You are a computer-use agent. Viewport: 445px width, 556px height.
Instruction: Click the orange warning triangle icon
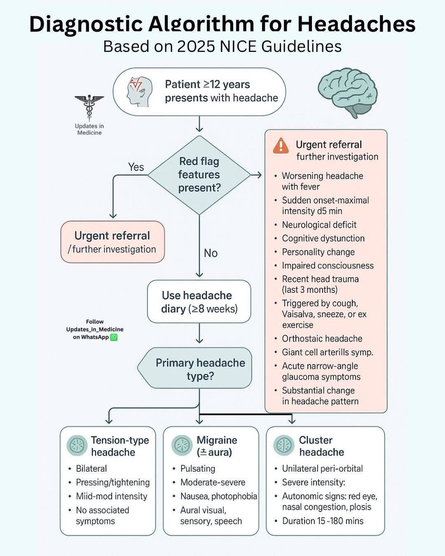[x=281, y=146]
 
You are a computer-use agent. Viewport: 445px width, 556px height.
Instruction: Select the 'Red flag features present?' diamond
[x=199, y=175]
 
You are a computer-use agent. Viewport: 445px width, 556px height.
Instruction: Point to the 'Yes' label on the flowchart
[x=136, y=167]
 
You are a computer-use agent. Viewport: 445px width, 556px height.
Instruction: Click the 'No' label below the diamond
[x=210, y=253]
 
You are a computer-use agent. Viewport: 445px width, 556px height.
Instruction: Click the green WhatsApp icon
[x=114, y=337]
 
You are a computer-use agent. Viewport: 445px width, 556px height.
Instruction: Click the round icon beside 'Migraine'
[x=181, y=446]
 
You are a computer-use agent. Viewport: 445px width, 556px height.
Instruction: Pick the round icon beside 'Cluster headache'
[x=283, y=446]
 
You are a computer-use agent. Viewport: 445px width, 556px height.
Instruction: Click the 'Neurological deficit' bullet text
[x=319, y=225]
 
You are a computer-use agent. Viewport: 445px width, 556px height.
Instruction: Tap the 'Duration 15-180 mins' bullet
[x=323, y=521]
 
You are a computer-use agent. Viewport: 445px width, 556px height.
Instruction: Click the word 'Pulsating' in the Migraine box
[x=198, y=468]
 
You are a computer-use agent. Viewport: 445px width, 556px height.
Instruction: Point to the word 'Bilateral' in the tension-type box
[x=91, y=468]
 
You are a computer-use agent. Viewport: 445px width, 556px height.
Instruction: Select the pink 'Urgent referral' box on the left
[x=112, y=242]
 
